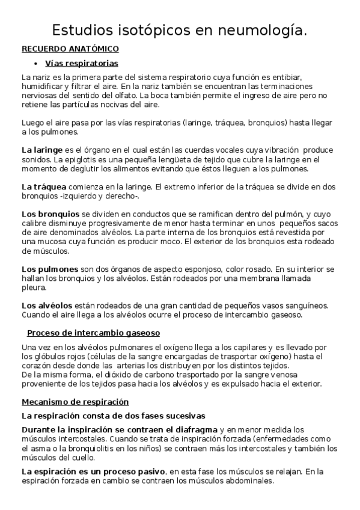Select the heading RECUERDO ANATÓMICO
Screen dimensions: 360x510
pos(70,49)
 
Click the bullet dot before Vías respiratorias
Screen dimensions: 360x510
pos(37,63)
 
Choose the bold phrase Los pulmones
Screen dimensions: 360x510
pos(50,269)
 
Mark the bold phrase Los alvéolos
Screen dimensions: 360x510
pos(47,306)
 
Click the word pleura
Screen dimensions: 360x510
pos(34,288)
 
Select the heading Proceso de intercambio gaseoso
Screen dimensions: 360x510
pos(93,333)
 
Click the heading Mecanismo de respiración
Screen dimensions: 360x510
pos(75,402)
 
